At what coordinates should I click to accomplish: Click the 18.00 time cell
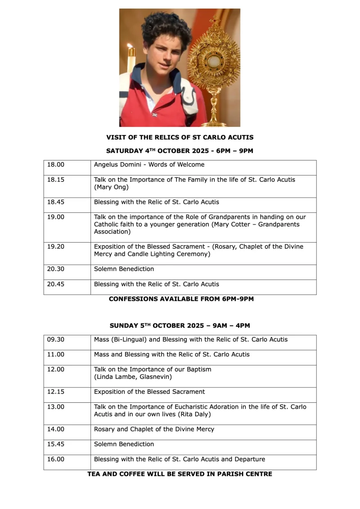point(56,165)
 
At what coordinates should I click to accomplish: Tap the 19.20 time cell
point(56,247)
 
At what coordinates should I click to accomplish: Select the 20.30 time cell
point(56,269)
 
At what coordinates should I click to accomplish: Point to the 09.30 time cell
point(56,339)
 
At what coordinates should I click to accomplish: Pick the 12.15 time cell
point(56,392)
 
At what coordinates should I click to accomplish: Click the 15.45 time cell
point(56,444)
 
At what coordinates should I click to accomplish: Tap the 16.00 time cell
point(56,459)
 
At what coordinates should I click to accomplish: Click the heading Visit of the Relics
point(180,137)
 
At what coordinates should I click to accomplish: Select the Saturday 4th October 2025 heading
point(180,151)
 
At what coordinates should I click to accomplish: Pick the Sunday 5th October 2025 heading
point(180,325)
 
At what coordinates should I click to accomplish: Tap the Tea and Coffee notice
point(180,474)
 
